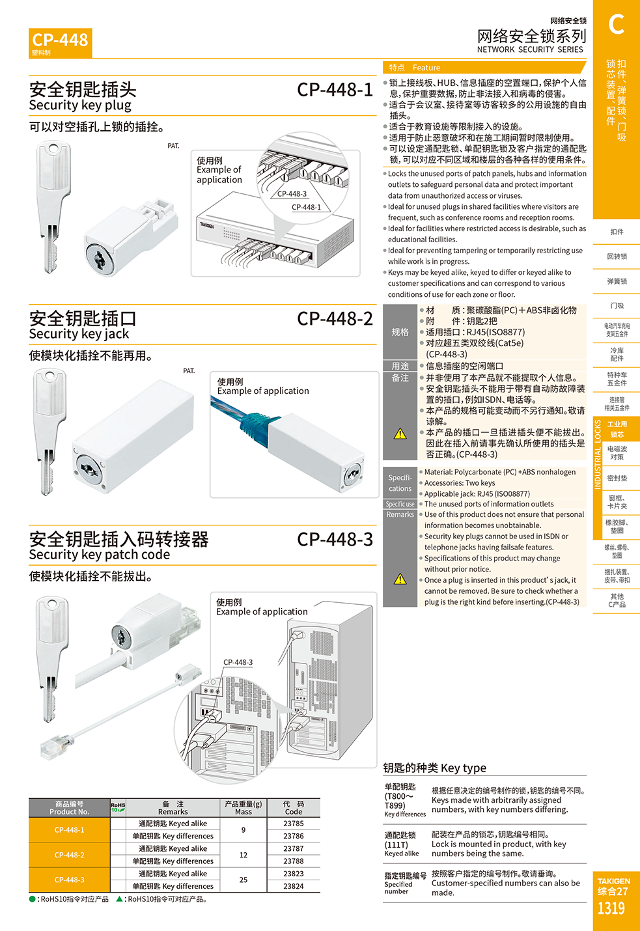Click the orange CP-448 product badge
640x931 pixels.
(61, 43)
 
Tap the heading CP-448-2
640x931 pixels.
(335, 319)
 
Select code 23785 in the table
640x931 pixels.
(294, 824)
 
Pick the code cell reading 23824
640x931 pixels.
(294, 886)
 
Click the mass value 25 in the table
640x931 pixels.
(243, 880)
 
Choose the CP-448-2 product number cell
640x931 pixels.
(70, 855)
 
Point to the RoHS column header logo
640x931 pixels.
(118, 807)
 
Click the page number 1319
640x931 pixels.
(611, 908)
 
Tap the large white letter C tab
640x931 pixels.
(616, 24)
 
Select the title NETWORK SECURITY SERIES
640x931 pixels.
(530, 49)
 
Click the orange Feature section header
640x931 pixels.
(484, 67)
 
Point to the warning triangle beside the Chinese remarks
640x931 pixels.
(400, 434)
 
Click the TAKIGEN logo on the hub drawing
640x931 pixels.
(207, 225)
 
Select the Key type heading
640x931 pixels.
(434, 768)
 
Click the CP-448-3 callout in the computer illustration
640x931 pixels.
(238, 662)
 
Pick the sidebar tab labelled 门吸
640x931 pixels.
(617, 306)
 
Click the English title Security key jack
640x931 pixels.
(79, 334)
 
